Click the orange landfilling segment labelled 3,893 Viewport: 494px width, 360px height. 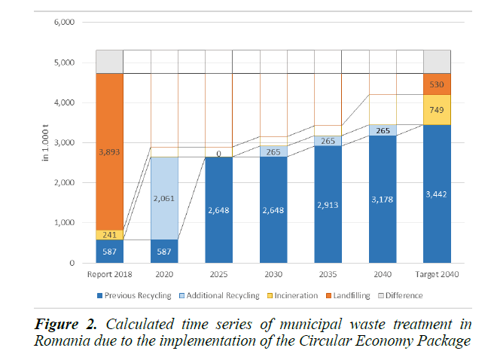pyautogui.click(x=109, y=151)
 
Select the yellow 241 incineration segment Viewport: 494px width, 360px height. pyautogui.click(x=109, y=234)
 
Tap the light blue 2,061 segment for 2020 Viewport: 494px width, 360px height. pyautogui.click(x=164, y=198)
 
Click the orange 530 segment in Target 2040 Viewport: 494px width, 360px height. pyautogui.click(x=437, y=84)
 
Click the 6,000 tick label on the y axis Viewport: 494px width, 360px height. pyautogui.click(x=64, y=23)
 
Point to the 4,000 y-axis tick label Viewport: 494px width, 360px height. pyautogui.click(x=64, y=102)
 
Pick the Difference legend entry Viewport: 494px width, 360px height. pyautogui.click(x=398, y=295)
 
